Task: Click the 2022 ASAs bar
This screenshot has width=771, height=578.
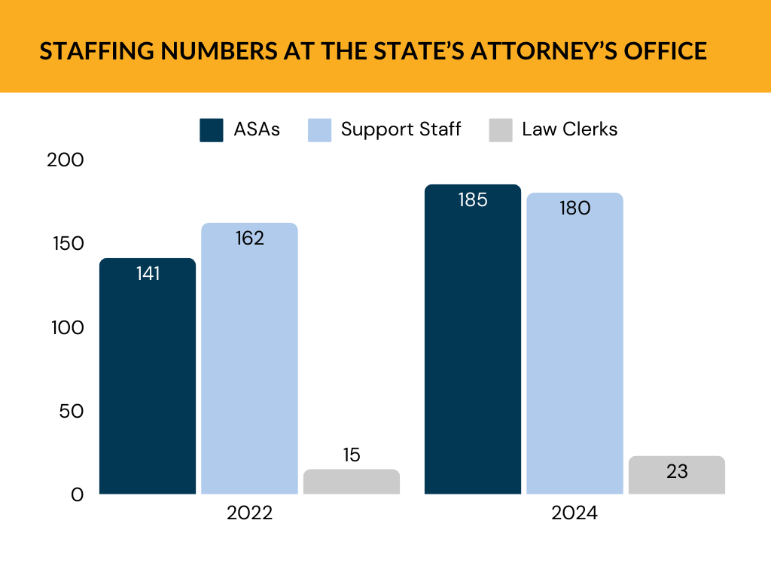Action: pos(148,376)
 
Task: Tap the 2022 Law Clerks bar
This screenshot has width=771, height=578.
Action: pos(352,482)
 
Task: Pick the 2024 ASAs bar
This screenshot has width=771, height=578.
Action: pos(473,339)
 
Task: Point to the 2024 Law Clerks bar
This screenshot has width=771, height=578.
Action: pos(677,476)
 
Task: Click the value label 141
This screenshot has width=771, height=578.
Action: pos(148,274)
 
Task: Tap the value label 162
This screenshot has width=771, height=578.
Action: pos(249,239)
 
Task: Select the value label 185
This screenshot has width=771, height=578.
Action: pos(473,200)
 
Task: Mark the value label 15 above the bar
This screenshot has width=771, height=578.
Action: pos(352,455)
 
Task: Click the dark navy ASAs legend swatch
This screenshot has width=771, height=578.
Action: pos(212,129)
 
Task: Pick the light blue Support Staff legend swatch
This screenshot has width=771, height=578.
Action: pos(320,129)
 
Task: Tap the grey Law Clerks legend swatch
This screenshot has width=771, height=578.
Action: pos(501,129)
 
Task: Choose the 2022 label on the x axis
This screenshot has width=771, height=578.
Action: pos(249,514)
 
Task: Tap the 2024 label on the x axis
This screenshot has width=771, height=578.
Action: pos(574,514)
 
